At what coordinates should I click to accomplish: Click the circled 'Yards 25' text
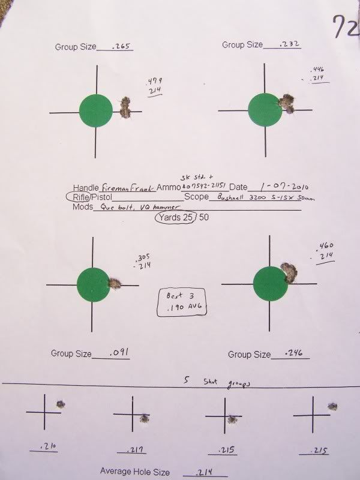176,219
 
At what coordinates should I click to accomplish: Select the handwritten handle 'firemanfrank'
127,187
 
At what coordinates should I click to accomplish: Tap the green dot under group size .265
96,112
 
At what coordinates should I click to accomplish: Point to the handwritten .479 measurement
154,81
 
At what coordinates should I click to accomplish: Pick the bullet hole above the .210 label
60,403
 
